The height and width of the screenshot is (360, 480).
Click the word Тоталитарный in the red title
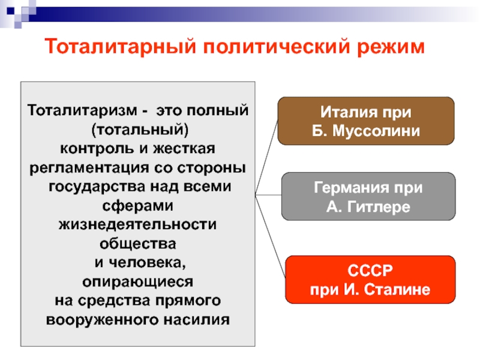pos(121,47)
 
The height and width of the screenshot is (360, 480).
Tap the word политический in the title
pos(277,47)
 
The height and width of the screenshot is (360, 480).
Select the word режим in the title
pos(391,47)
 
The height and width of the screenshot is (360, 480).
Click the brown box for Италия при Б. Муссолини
pos(366,121)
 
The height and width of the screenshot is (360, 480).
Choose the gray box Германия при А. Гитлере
pos(368,196)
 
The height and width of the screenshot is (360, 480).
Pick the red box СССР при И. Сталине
pos(370,280)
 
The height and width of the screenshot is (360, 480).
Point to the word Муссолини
pos(376,131)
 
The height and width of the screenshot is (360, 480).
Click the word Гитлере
pos(379,207)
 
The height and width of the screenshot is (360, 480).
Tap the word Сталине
pos(397,290)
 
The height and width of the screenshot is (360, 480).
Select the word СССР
pos(370,271)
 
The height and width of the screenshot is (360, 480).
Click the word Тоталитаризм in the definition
pos(82,110)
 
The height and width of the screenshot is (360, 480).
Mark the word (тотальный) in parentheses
pos(140,130)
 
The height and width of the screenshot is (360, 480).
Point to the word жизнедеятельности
pos(137,224)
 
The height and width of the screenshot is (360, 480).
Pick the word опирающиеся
pos(138,282)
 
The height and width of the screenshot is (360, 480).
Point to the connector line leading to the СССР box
pos(271,236)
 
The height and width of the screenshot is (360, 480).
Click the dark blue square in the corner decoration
pos(10,11)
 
